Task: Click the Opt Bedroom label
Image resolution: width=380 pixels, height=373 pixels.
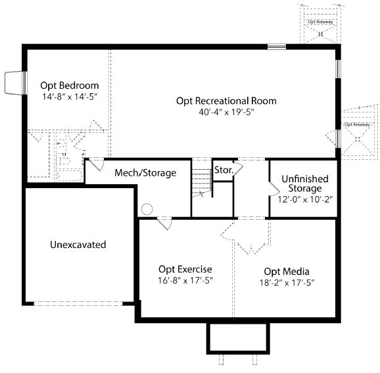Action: pyautogui.click(x=70, y=86)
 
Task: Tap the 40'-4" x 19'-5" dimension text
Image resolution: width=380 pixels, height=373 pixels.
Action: pyautogui.click(x=226, y=112)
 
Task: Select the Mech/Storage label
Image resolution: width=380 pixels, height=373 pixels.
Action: pyautogui.click(x=145, y=173)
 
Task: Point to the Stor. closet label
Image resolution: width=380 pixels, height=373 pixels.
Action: pyautogui.click(x=224, y=170)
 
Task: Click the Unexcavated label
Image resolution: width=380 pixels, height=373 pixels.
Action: pyautogui.click(x=78, y=245)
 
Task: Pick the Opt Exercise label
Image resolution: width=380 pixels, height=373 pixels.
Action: pyautogui.click(x=185, y=270)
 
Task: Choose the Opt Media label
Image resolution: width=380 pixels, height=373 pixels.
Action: pyautogui.click(x=287, y=272)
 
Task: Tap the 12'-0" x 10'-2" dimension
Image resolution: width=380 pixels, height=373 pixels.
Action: pyautogui.click(x=305, y=199)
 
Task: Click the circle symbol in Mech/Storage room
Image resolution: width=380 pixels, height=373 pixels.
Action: pyautogui.click(x=147, y=209)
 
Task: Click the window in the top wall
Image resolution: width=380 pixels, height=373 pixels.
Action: pyautogui.click(x=277, y=47)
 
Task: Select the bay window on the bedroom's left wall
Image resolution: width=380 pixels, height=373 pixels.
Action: pyautogui.click(x=16, y=83)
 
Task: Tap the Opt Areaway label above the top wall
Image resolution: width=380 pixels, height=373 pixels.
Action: pyautogui.click(x=320, y=22)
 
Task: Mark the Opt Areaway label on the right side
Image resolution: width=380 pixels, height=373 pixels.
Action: pyautogui.click(x=357, y=124)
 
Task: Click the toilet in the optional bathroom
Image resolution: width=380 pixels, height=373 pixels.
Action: pyautogui.click(x=63, y=161)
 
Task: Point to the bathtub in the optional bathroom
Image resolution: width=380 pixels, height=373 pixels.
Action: pyautogui.click(x=69, y=175)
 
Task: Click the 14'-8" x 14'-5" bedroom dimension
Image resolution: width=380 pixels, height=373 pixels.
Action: pyautogui.click(x=70, y=97)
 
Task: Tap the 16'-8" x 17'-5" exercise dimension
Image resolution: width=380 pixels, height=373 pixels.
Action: pyautogui.click(x=185, y=280)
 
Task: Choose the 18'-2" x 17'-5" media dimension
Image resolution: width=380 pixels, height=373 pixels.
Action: pyautogui.click(x=287, y=283)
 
